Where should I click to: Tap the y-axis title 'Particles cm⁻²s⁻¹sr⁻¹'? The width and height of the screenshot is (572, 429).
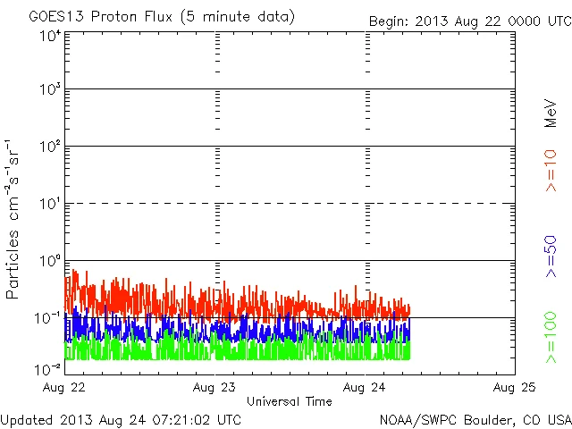tap(14, 219)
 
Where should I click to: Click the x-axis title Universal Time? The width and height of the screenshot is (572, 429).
tap(289, 401)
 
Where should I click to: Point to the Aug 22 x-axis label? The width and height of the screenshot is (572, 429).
tap(65, 388)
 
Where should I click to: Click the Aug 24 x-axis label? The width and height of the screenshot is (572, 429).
tap(365, 388)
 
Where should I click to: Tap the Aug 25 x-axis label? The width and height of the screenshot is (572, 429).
tap(514, 388)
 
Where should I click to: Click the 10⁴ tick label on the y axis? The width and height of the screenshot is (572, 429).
tap(49, 35)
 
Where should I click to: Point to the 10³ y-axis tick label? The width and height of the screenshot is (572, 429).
tap(49, 91)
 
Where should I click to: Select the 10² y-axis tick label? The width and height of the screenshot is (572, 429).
tap(49, 148)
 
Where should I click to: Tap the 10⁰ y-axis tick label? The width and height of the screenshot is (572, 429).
tap(49, 263)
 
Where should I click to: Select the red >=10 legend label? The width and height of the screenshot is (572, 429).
tap(551, 172)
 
